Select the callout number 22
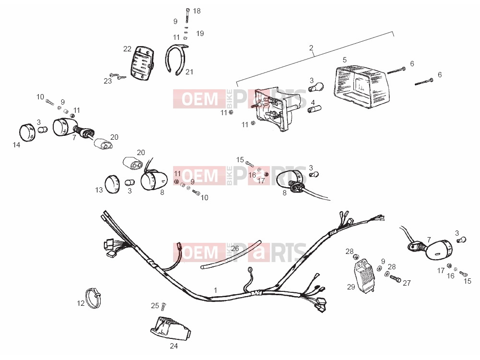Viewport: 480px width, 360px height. (128, 48)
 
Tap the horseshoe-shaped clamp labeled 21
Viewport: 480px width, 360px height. (176, 60)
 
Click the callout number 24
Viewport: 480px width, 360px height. (174, 346)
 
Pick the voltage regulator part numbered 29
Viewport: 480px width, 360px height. (365, 276)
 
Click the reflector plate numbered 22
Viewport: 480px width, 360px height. (142, 63)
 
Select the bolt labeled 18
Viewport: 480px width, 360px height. (187, 16)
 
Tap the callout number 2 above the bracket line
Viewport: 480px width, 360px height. (311, 48)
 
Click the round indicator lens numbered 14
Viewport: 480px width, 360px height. (27, 132)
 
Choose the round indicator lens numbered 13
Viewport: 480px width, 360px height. (112, 184)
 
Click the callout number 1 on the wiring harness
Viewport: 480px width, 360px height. (215, 290)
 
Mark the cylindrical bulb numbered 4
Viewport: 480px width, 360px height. (314, 109)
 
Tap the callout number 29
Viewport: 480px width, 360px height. (351, 287)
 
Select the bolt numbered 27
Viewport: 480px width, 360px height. (396, 279)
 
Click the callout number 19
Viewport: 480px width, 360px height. (200, 34)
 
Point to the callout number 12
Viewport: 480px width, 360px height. (81, 303)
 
